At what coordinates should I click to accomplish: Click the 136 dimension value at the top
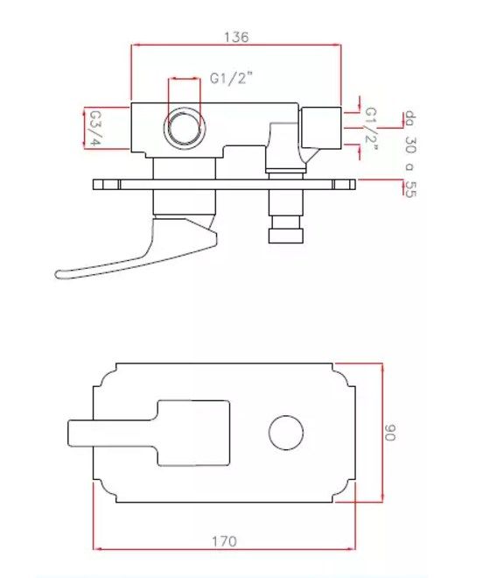coord(236,37)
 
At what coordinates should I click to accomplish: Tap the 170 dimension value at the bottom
coord(224,541)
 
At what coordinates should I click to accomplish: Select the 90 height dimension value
coord(389,432)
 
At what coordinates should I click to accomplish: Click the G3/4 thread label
coord(94,128)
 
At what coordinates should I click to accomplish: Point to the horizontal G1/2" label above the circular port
coord(231,78)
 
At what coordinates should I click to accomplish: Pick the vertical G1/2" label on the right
coord(371,129)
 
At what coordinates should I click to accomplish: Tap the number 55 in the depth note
coord(410,189)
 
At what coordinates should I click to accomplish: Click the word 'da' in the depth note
coord(410,117)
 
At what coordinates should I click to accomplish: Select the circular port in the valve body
coord(185,128)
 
